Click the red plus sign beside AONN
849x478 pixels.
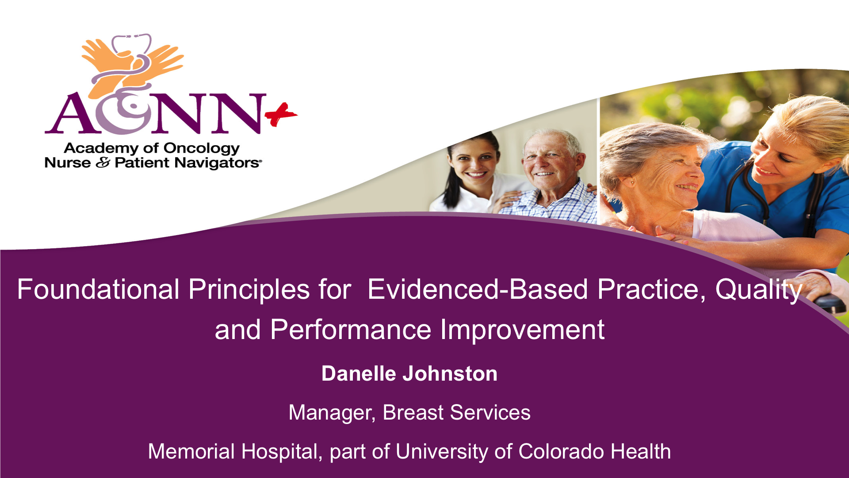click(x=281, y=115)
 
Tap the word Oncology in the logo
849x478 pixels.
click(x=201, y=149)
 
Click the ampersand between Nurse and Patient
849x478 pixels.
click(x=103, y=163)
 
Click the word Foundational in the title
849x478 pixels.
click(x=98, y=289)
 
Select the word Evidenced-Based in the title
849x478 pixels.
click(x=478, y=289)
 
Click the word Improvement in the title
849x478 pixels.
click(x=522, y=330)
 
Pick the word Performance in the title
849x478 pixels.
click(x=350, y=330)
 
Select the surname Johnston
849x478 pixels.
click(x=450, y=374)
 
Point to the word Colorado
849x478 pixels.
click(x=561, y=451)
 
